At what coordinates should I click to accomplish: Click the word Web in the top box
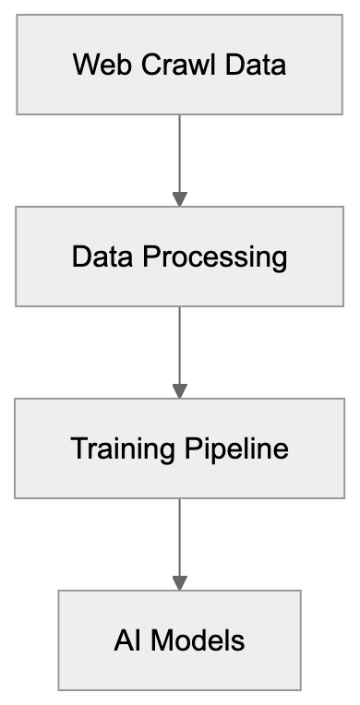point(95,66)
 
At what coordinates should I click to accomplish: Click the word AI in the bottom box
point(125,640)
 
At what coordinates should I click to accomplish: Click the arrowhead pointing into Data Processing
point(179,198)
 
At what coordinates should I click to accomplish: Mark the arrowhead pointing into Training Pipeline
point(179,391)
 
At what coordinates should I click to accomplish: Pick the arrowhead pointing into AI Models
point(179,583)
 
